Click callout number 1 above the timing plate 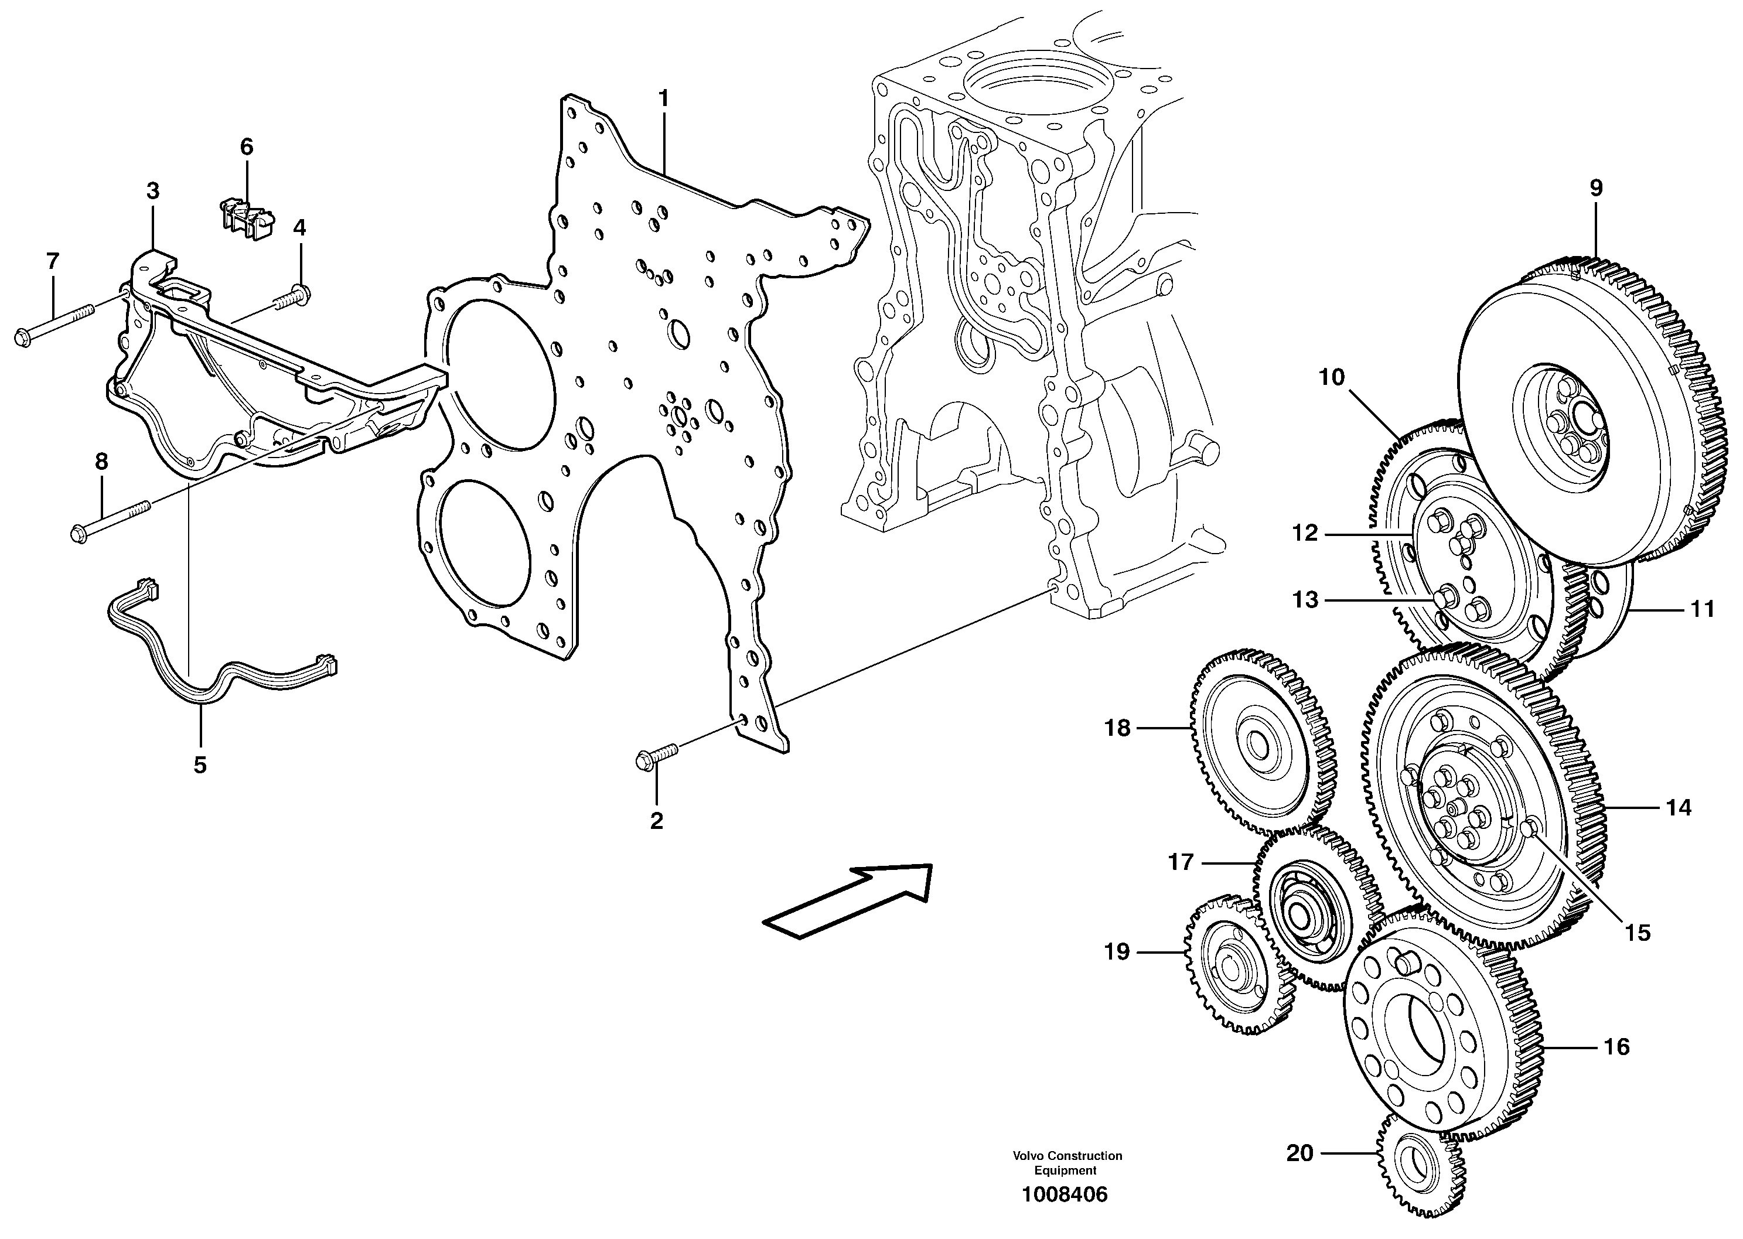pyautogui.click(x=663, y=98)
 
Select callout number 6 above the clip pyautogui.click(x=247, y=146)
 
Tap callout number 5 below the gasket pyautogui.click(x=200, y=764)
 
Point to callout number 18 pyautogui.click(x=1117, y=729)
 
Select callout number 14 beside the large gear pyautogui.click(x=1678, y=807)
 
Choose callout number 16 pyautogui.click(x=1616, y=1047)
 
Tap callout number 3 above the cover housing pyautogui.click(x=152, y=191)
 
